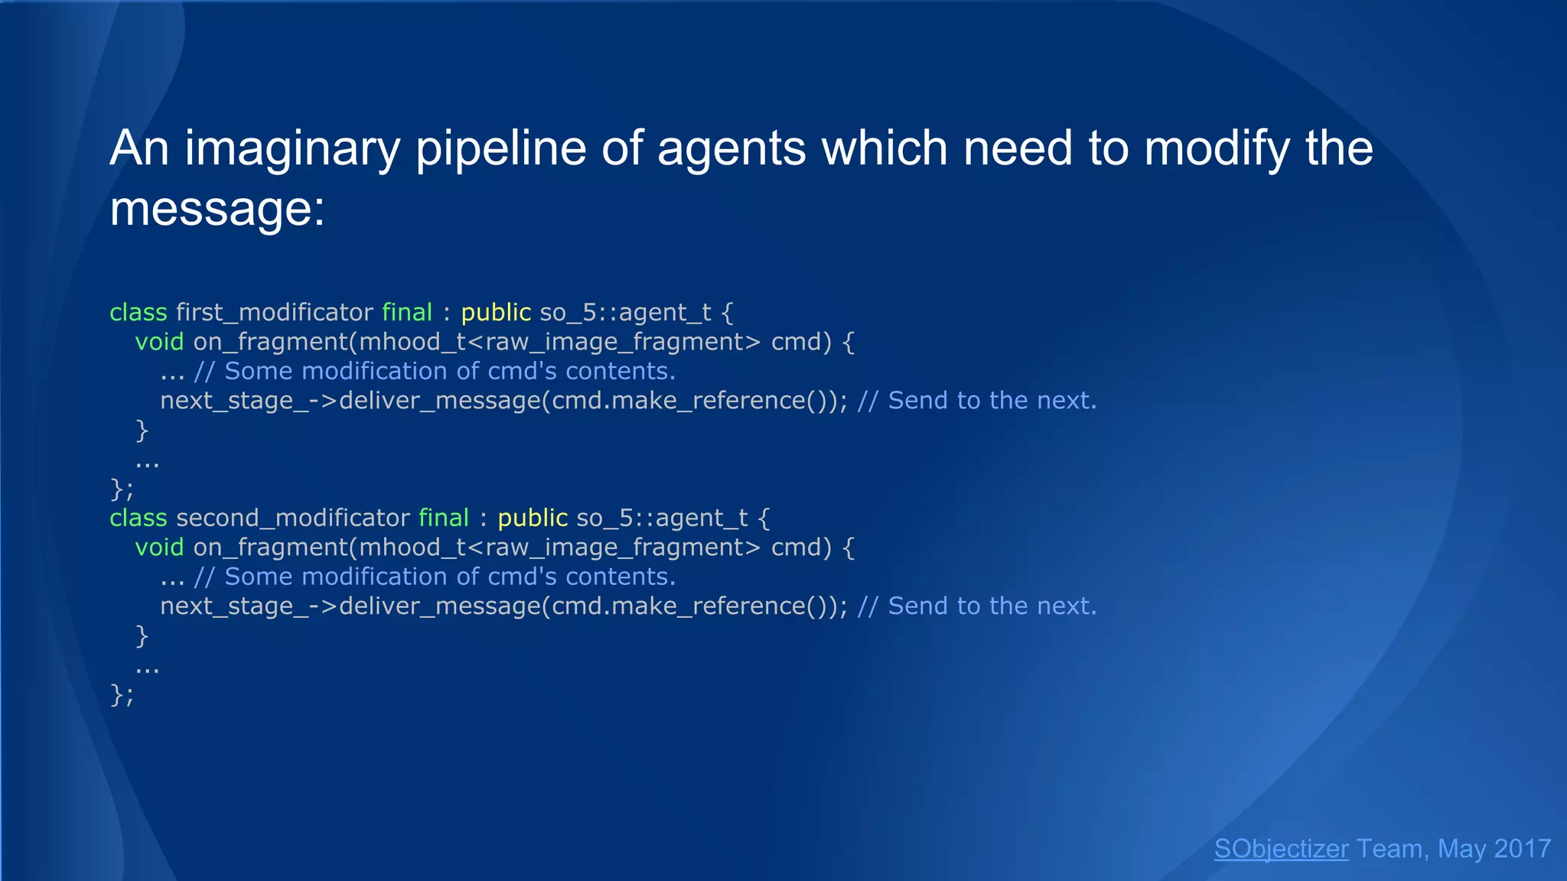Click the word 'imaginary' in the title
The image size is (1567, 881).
pos(292,148)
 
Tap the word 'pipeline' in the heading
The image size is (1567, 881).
pos(500,148)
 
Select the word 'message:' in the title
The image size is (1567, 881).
pos(217,208)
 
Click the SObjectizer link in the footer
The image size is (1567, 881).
pos(1281,849)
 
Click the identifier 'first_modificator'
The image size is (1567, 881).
pos(275,312)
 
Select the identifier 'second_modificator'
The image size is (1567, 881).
pos(293,518)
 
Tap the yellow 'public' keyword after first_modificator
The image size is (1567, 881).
pos(496,312)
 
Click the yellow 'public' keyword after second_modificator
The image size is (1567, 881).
pos(533,518)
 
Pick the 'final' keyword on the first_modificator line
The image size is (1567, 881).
pos(407,312)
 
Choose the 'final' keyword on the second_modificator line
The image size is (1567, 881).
pos(444,518)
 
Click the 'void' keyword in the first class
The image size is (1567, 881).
pos(159,341)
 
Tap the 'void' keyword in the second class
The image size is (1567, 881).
pos(159,547)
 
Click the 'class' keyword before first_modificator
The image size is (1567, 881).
pos(138,312)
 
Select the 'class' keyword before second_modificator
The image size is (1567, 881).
pos(138,518)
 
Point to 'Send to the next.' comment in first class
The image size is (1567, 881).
pos(992,400)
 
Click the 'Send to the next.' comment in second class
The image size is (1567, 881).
pos(992,606)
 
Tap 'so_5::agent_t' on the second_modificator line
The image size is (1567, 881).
pos(662,518)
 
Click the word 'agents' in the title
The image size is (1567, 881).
pos(731,148)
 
